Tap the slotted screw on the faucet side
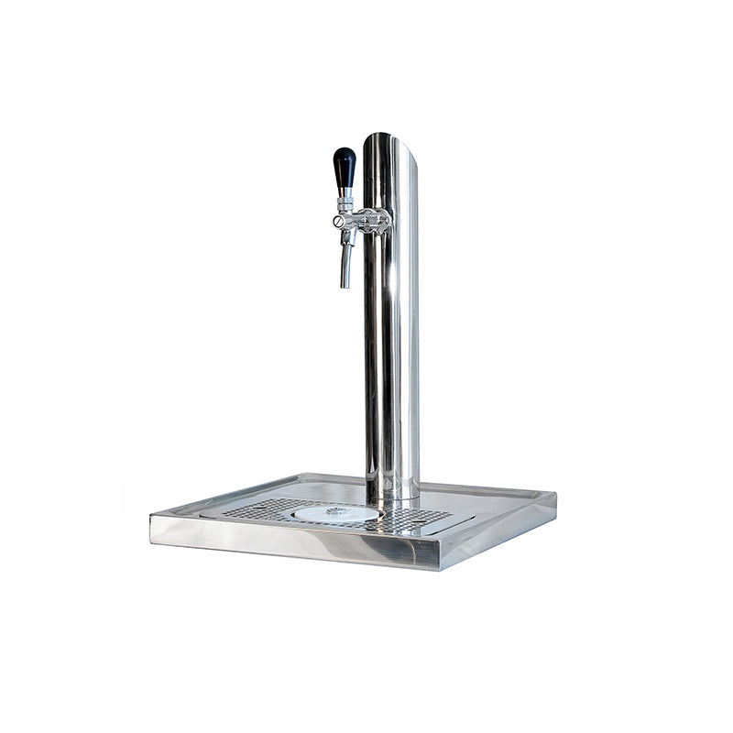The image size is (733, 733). [337, 221]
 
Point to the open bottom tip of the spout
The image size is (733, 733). [345, 286]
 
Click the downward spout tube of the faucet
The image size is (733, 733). [346, 261]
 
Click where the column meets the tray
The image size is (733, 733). [391, 497]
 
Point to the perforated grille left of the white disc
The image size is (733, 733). [261, 509]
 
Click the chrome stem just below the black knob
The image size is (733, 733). [345, 193]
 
